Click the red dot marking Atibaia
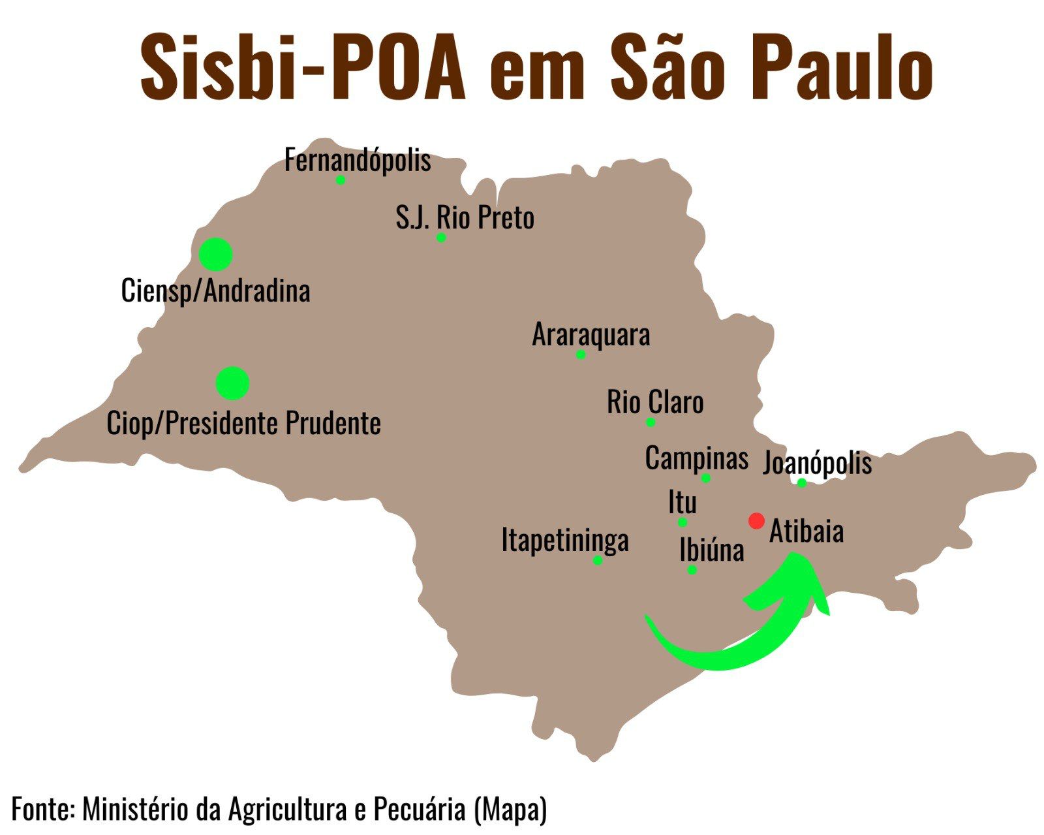(756, 521)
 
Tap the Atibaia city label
(806, 531)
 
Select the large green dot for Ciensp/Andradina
(216, 255)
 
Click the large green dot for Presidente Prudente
(232, 383)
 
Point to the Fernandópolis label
(358, 160)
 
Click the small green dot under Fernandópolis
(341, 180)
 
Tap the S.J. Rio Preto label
(465, 217)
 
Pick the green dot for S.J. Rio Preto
(441, 238)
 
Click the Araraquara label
(591, 335)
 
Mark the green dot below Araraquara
(581, 354)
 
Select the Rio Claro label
(655, 402)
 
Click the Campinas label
(696, 458)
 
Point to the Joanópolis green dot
(802, 483)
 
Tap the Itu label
(683, 503)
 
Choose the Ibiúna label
(711, 550)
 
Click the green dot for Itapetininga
(598, 560)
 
